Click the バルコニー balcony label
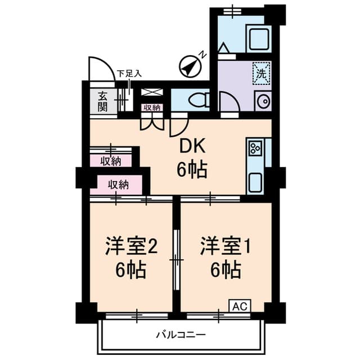point(181,335)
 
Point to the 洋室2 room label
point(131,246)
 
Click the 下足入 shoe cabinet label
point(129,73)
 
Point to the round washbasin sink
point(262,101)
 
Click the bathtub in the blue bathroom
point(259,38)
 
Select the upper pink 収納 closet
point(111,161)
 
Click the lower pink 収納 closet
point(119,184)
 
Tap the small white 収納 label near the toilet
point(151,107)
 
